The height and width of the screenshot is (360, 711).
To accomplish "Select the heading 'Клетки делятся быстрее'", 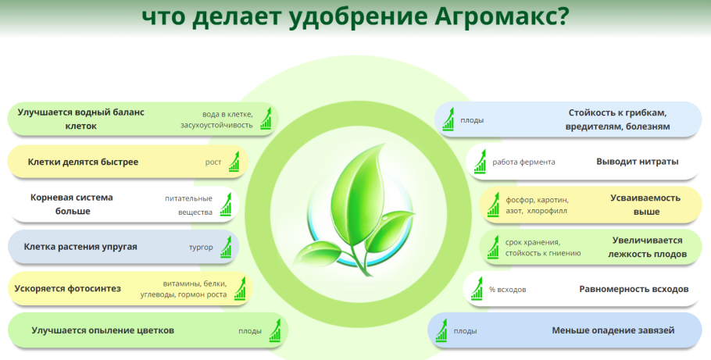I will pos(83,162).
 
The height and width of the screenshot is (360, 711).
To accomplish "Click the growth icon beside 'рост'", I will pos(235,162).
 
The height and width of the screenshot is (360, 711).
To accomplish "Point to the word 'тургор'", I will pos(201,248).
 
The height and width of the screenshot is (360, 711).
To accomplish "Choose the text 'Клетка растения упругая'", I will pos(80,247).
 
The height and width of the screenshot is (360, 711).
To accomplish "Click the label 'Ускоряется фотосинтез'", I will pos(68,289).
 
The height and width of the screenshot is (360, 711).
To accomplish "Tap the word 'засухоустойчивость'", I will pos(216,125).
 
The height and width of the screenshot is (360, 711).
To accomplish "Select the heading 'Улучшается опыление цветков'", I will pos(102,330).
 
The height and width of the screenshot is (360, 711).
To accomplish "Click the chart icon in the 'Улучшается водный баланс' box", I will pos(266,119).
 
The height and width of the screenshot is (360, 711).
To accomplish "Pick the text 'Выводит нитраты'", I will pos(637,162).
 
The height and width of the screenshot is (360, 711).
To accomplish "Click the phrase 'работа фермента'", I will pos(523,162).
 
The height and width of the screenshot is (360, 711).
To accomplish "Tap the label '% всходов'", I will pos(507,290).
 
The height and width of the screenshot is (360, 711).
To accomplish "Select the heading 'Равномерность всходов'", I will pos(634,289).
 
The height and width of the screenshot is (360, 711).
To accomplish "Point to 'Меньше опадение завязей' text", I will pos(613,330).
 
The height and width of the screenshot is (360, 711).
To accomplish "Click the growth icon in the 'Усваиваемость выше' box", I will pos(493,205).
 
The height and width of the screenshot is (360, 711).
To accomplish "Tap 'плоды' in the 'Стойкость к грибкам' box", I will pos(472,120).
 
